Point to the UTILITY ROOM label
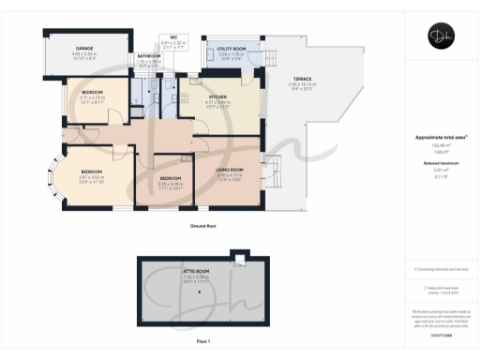[x=231, y=48]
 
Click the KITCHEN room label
[x=218, y=97]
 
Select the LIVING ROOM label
[x=229, y=169]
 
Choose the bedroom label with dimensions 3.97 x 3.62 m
[x=91, y=172]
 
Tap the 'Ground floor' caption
[x=204, y=226]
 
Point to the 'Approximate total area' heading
[x=439, y=137]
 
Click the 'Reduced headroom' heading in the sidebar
[x=440, y=162]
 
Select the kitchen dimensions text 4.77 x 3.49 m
[x=218, y=102]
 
